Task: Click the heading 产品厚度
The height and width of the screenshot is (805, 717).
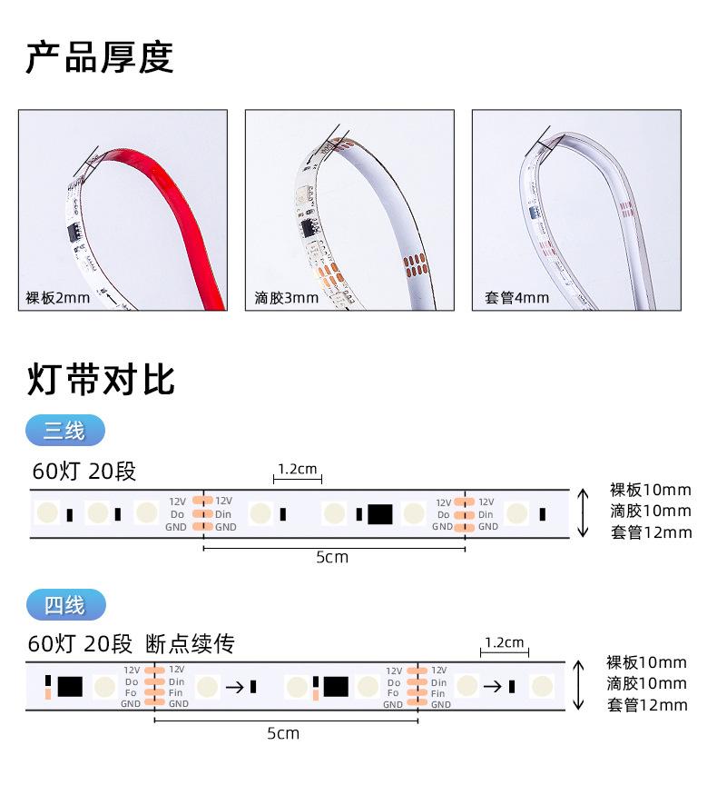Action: (x=100, y=58)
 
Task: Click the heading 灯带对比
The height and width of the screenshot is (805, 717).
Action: (x=100, y=380)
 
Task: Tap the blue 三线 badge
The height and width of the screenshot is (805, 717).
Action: (x=65, y=431)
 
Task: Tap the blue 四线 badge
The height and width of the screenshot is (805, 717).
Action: (x=65, y=604)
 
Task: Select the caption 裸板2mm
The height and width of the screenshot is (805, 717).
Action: (x=58, y=298)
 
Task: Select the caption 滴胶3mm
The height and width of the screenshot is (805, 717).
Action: (x=286, y=298)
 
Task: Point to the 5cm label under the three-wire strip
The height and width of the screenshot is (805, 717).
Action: (x=331, y=557)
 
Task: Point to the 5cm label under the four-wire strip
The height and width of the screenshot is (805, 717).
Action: (x=283, y=732)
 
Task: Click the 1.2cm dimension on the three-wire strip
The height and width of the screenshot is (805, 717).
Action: (x=297, y=470)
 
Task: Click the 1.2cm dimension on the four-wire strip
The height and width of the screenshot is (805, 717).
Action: (x=503, y=643)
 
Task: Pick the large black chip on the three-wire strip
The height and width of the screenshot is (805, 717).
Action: (x=379, y=514)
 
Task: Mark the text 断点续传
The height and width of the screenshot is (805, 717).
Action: (x=190, y=644)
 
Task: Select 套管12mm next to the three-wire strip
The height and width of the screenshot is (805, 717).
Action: (x=650, y=532)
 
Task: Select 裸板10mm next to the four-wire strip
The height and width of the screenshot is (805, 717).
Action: (x=646, y=662)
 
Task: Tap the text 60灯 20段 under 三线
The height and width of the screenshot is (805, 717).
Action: (x=83, y=471)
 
